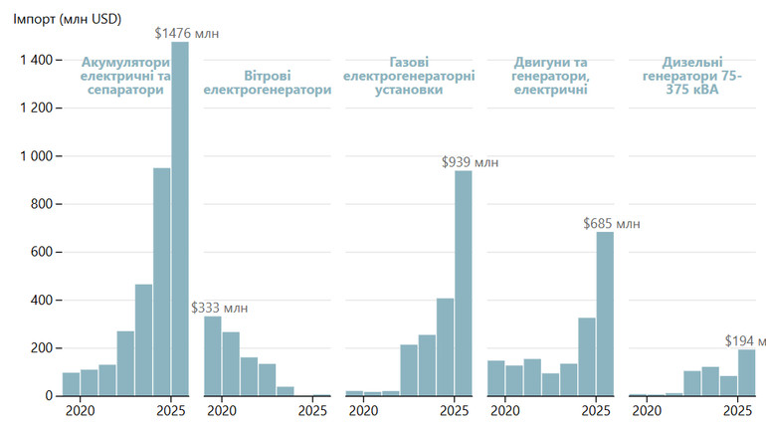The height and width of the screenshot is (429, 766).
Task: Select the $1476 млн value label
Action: pyautogui.click(x=186, y=33)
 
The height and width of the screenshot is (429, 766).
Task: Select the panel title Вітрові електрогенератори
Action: pyautogui.click(x=267, y=82)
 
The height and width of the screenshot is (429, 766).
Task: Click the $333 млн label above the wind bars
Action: pyautogui.click(x=219, y=307)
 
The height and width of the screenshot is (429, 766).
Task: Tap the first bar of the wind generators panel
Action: pyautogui.click(x=213, y=355)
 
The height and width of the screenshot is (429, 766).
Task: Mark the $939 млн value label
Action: pyautogui.click(x=470, y=161)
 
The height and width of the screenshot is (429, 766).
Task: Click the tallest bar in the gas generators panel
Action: pyautogui.click(x=464, y=284)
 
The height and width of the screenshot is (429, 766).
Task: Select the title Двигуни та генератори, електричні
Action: pyautogui.click(x=549, y=75)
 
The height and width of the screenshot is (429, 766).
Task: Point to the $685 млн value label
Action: pyautogui.click(x=612, y=223)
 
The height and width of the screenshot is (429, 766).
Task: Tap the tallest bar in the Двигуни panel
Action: pyautogui.click(x=605, y=314)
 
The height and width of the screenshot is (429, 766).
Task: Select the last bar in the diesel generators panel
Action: pyautogui.click(x=746, y=372)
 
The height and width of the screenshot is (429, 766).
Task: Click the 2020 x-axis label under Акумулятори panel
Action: pyautogui.click(x=80, y=410)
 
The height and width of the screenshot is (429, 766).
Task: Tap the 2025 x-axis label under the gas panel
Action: pyautogui.click(x=455, y=410)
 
